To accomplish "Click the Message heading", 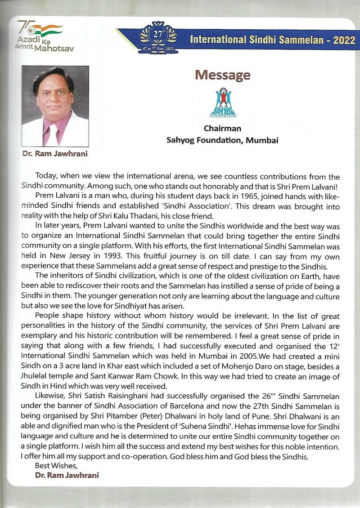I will [222, 75].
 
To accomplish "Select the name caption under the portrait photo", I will [55, 154].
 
